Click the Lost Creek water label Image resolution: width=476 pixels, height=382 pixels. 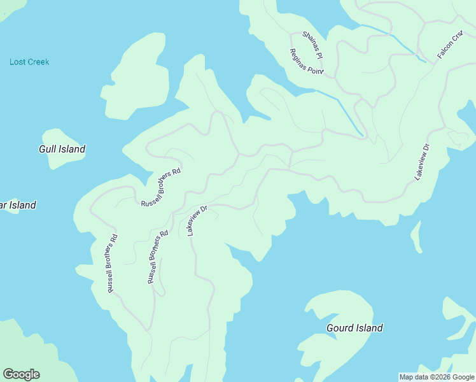click(x=29, y=62)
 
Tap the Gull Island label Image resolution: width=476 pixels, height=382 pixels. click(x=62, y=150)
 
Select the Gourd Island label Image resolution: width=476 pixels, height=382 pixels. click(x=354, y=328)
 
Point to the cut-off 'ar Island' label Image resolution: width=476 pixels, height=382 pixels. click(x=18, y=205)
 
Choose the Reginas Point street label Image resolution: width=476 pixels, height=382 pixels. click(x=307, y=62)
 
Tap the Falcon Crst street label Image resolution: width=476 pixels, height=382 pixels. click(x=449, y=45)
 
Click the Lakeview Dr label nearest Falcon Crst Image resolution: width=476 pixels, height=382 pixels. click(x=423, y=162)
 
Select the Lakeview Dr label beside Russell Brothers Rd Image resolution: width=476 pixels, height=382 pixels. click(x=198, y=220)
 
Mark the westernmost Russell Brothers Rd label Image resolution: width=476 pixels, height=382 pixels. click(x=112, y=264)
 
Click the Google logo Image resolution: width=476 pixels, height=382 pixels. click(x=21, y=374)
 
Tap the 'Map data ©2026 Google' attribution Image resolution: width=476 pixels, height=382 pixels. click(x=437, y=377)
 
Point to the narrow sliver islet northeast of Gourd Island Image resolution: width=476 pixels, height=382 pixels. click(x=416, y=237)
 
